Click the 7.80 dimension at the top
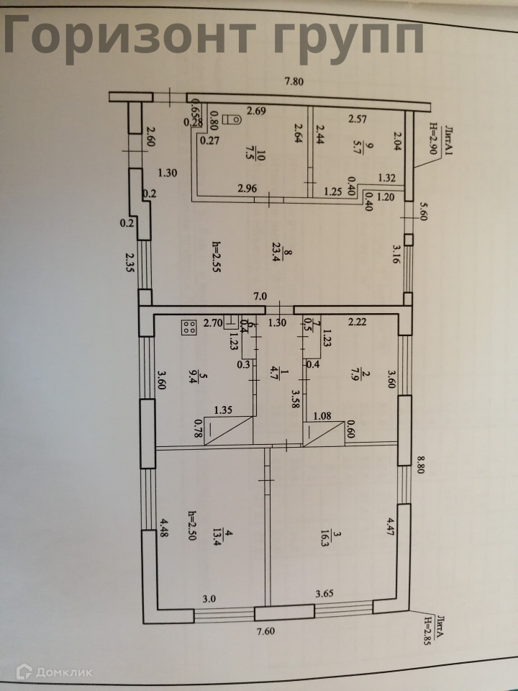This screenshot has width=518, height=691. click(294, 81)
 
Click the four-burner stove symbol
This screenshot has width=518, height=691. click(190, 328)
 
